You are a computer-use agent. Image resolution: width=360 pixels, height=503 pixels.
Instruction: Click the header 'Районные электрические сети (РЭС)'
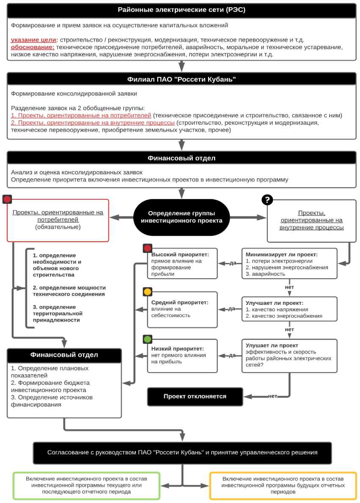pyautogui.click(x=181, y=10)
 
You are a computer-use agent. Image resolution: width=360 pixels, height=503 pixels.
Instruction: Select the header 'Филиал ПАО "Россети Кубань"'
pyautogui.click(x=181, y=79)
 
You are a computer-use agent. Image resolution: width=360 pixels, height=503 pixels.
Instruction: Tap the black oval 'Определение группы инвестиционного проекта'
pyautogui.click(x=181, y=217)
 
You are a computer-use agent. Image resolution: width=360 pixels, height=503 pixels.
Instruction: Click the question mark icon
pyautogui.click(x=267, y=199)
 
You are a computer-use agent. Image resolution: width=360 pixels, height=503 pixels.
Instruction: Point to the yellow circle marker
pyautogui.click(x=148, y=292)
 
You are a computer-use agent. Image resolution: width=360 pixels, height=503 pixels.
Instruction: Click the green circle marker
pyautogui.click(x=148, y=339)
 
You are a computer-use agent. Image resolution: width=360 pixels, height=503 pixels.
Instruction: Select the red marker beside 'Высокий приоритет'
pyautogui.click(x=148, y=248)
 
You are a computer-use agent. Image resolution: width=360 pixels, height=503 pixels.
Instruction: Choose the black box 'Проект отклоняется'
pyautogui.click(x=195, y=397)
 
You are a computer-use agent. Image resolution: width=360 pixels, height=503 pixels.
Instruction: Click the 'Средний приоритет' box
pyautogui.click(x=182, y=309)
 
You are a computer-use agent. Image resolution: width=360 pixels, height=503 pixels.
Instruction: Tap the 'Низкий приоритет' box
pyautogui.click(x=182, y=356)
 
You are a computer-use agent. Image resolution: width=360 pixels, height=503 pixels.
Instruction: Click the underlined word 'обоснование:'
pyautogui.click(x=33, y=47)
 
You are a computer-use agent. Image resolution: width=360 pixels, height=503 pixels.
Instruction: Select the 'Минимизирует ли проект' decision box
pyautogui.click(x=289, y=263)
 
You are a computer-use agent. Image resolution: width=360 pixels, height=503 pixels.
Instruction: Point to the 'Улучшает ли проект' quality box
pyautogui.click(x=289, y=310)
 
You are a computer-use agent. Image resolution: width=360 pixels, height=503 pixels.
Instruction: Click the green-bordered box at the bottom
pyautogui.click(x=86, y=486)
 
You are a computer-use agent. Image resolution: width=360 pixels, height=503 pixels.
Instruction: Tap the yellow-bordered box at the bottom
pyautogui.click(x=283, y=486)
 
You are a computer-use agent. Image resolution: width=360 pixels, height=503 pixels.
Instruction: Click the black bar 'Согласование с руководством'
pyautogui.click(x=182, y=453)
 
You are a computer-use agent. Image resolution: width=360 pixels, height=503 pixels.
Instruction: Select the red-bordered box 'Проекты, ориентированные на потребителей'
pyautogui.click(x=58, y=220)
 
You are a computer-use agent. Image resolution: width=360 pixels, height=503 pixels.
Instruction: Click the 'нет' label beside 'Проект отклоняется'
pyautogui.click(x=273, y=396)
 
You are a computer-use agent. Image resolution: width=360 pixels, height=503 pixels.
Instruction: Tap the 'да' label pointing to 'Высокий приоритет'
pyautogui.click(x=232, y=263)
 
